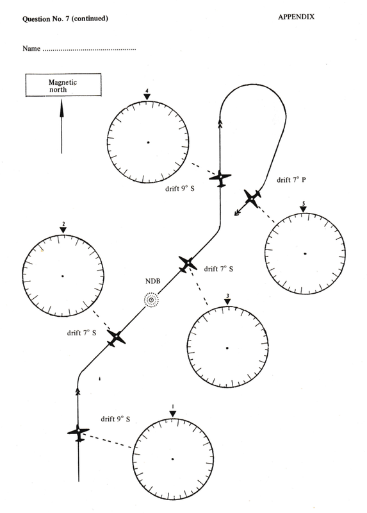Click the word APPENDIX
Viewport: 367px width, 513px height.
(x=296, y=17)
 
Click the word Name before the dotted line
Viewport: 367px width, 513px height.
(x=31, y=49)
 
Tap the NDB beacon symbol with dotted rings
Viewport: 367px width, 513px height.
(x=151, y=299)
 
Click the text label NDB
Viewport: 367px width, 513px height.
(x=153, y=281)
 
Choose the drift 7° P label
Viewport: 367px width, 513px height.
(x=291, y=180)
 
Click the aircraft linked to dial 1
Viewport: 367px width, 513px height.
(x=78, y=432)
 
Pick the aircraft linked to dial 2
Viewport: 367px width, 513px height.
(x=116, y=338)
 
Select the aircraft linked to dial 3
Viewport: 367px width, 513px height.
(x=188, y=264)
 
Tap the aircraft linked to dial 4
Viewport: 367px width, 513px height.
(x=220, y=178)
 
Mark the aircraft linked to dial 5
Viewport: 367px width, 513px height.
(x=252, y=198)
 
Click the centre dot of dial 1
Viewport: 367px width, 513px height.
(x=172, y=459)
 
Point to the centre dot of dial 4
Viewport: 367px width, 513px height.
(x=148, y=142)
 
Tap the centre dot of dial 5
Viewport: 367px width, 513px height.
(x=305, y=253)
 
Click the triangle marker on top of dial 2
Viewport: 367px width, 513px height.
(x=63, y=230)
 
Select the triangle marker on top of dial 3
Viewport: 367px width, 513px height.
(x=227, y=301)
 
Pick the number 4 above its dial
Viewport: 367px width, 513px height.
(x=147, y=90)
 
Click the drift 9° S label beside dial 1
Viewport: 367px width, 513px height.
(x=115, y=419)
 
